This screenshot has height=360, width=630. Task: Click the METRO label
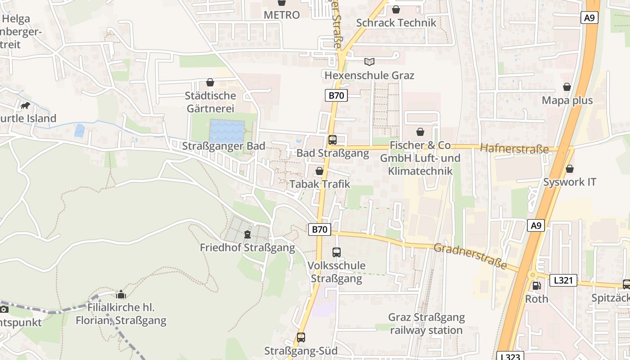tap(282, 15)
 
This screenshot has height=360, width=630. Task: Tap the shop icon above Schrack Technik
tap(396, 9)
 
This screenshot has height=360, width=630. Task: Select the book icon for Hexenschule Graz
tap(369, 62)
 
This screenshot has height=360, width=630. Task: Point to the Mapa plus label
tap(567, 100)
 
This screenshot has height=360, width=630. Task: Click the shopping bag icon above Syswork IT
tap(570, 169)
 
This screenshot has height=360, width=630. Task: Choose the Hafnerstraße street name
tap(514, 148)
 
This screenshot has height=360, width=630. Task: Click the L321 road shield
tap(563, 280)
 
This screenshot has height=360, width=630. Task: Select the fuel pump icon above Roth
tap(536, 285)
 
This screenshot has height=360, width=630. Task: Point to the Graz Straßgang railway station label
tap(426, 324)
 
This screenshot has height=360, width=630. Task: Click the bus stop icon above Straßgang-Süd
tap(301, 337)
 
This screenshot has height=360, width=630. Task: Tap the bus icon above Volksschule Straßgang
tap(337, 252)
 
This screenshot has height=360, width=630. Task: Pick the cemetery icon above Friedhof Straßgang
tap(247, 234)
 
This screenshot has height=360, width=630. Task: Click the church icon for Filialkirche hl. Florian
tap(121, 295)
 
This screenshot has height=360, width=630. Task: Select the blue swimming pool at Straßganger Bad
tap(227, 130)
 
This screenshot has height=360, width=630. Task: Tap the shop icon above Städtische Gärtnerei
tap(210, 82)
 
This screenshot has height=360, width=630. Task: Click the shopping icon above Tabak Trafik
tap(319, 171)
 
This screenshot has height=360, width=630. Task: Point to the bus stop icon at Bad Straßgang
tap(333, 140)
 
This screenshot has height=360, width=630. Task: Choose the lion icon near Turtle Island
tap(25, 106)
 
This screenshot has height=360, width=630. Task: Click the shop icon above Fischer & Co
tap(420, 132)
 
